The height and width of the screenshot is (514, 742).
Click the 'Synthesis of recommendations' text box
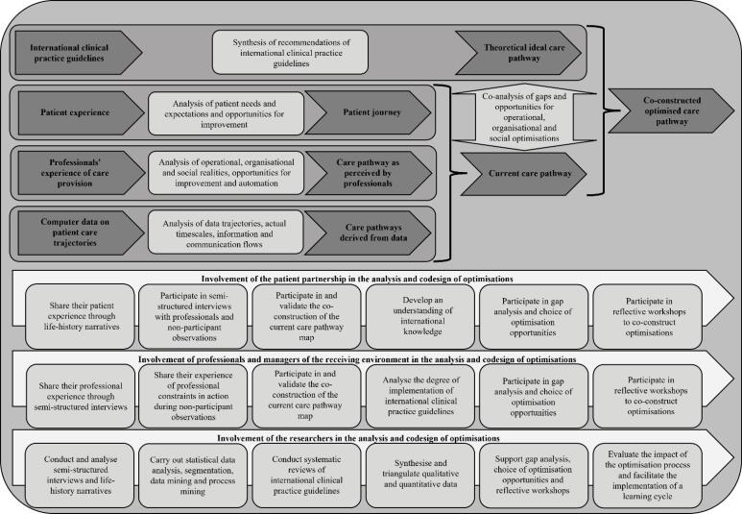point(293,52)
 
